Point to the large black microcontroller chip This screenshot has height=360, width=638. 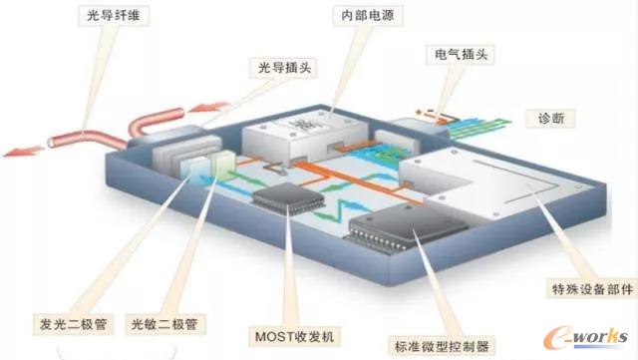coord(393,230)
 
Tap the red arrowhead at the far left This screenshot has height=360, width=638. coord(14,152)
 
